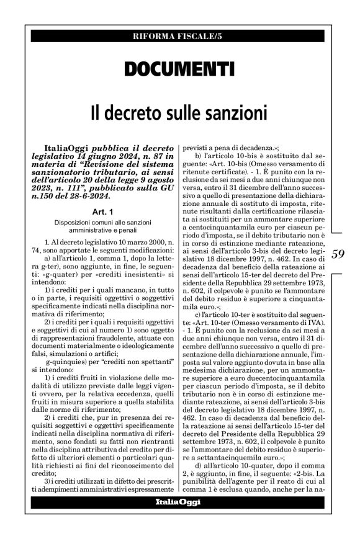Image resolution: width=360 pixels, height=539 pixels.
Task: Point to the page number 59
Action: click(x=340, y=253)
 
